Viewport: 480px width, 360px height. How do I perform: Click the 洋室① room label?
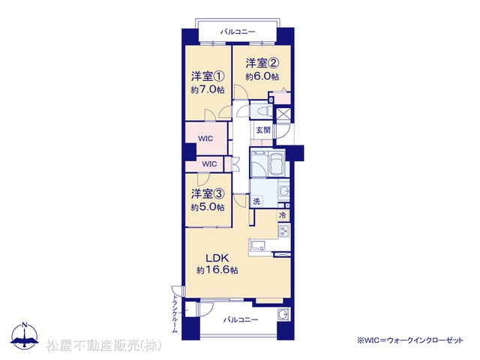click(208, 76)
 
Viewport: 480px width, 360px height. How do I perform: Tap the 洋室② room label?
click(262, 63)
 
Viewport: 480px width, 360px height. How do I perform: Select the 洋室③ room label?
click(208, 193)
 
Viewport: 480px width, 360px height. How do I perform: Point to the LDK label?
click(217, 258)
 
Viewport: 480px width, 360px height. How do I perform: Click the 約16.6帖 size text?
click(217, 270)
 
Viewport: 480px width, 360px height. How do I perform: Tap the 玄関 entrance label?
click(263, 130)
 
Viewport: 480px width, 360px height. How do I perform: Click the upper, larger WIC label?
click(205, 139)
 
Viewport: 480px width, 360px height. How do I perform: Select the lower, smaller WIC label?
click(209, 164)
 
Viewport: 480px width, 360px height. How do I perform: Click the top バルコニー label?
click(238, 31)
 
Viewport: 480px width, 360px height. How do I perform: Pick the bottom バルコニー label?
click(241, 320)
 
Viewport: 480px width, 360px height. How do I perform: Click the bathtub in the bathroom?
click(277, 163)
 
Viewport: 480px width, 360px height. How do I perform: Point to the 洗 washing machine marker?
click(256, 201)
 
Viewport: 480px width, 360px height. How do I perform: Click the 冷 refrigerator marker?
click(283, 215)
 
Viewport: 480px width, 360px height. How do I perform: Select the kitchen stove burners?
click(284, 230)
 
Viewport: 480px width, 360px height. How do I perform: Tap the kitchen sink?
click(259, 245)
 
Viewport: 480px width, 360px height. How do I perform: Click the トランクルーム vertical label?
click(175, 313)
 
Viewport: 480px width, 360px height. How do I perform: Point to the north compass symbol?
click(25, 336)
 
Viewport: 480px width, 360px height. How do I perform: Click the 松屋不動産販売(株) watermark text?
click(104, 346)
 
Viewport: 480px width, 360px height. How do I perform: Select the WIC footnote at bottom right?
click(410, 340)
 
